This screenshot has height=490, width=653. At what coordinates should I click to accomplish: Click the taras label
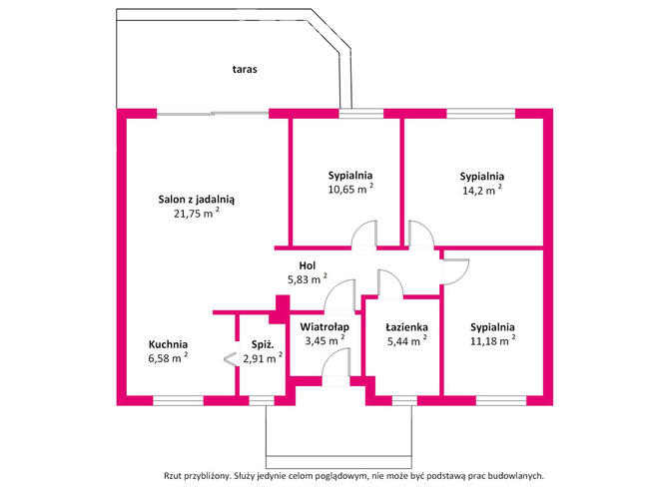[245, 69]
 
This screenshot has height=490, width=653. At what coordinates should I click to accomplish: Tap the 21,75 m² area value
[197, 214]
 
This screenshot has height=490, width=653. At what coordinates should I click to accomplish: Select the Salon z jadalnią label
[196, 200]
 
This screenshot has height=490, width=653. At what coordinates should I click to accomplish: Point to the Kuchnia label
[168, 344]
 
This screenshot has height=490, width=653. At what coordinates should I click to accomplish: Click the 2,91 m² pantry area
[263, 358]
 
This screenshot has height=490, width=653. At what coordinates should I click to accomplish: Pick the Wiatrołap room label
[325, 327]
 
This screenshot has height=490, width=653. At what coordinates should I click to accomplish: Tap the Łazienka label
[406, 327]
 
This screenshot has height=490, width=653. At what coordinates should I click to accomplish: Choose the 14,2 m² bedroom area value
[482, 191]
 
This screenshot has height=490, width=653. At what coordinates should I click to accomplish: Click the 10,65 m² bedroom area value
[350, 189]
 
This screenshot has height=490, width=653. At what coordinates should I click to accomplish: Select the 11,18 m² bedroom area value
[492, 341]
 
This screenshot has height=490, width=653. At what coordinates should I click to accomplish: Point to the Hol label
[308, 265]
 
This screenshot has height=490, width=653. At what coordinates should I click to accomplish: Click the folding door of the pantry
[229, 358]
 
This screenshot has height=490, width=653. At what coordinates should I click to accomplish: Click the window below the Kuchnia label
[179, 400]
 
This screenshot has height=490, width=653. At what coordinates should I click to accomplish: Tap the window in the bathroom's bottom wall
[404, 400]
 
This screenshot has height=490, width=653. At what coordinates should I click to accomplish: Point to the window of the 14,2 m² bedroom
[481, 114]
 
